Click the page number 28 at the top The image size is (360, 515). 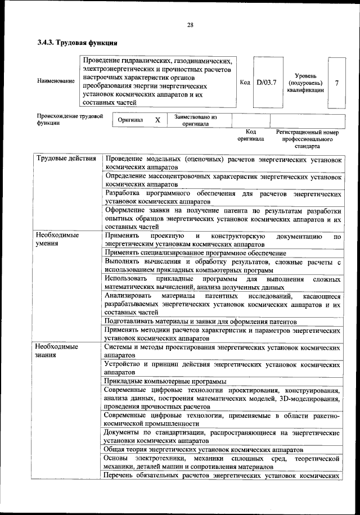coord(190,25)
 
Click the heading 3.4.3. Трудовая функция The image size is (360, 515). coord(77,42)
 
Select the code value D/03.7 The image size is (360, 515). coord(266,83)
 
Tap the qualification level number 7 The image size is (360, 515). coord(336,83)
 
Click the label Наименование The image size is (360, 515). coord(56,82)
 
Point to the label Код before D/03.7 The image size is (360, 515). coord(245,83)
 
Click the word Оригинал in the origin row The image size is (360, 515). coord(130,120)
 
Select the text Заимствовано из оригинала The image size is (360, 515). coord(195,120)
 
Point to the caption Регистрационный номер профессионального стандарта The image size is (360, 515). coord(307,138)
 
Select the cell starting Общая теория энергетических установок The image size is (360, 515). coord(197,450)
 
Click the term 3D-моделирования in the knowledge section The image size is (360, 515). coord(307,399)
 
